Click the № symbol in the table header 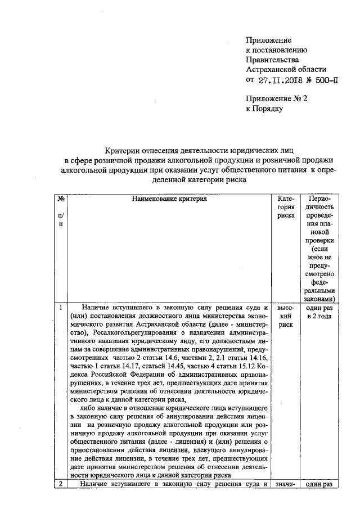(60, 199)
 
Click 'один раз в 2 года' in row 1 (322, 312)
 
